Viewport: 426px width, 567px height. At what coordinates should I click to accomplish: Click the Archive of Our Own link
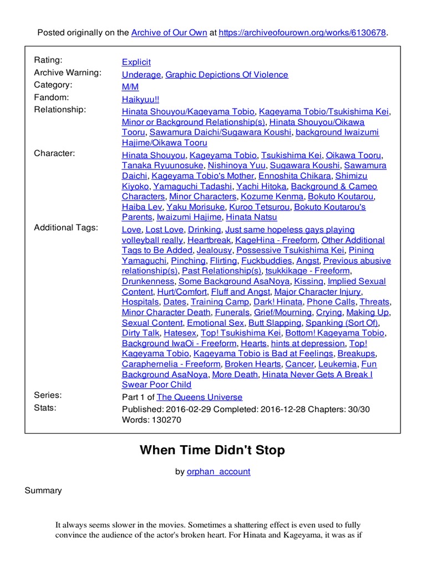[168, 33]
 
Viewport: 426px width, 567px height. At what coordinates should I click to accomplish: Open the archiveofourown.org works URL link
[302, 33]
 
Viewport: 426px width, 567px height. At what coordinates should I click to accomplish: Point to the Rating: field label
[48, 60]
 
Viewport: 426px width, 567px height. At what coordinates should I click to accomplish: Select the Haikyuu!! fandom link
[140, 99]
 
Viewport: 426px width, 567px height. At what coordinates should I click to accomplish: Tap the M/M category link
[130, 87]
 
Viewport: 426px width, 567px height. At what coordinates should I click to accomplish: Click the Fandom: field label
[52, 97]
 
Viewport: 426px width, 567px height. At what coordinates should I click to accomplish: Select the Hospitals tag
[141, 302]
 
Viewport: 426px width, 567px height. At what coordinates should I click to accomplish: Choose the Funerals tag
[232, 312]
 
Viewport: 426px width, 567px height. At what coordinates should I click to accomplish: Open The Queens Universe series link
[199, 397]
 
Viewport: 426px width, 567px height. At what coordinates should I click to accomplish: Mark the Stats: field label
[45, 408]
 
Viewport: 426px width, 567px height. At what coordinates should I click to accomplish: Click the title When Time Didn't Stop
[212, 450]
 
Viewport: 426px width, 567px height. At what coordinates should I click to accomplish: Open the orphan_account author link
[219, 472]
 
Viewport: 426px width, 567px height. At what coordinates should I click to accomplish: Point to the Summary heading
[43, 491]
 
